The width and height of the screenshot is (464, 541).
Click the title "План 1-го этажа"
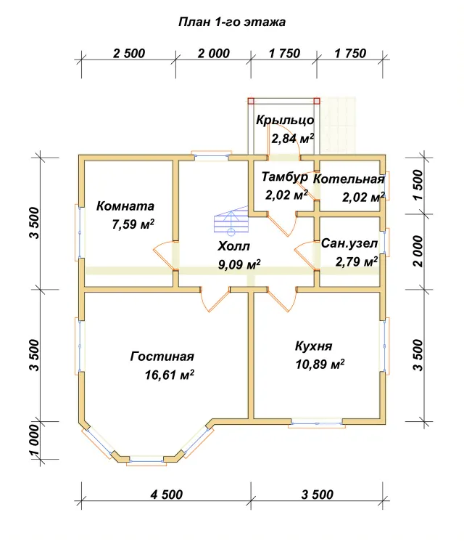click(x=232, y=22)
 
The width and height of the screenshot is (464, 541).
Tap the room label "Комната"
click(x=125, y=206)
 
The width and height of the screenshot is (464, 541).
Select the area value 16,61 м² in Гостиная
click(x=169, y=375)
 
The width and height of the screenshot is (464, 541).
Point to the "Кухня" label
click(x=313, y=346)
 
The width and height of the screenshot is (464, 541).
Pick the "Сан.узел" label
click(x=349, y=243)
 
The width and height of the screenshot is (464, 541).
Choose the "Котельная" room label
click(x=349, y=179)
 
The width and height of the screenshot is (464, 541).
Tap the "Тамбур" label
click(x=284, y=176)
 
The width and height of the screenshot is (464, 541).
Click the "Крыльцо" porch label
click(x=285, y=120)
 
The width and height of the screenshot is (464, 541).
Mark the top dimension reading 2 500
click(x=129, y=54)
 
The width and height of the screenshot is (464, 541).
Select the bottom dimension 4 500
click(x=166, y=495)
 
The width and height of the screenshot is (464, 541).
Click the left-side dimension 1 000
click(x=35, y=440)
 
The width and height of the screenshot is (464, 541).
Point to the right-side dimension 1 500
click(x=418, y=185)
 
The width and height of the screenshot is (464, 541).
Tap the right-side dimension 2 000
click(x=418, y=251)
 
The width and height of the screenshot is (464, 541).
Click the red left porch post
click(x=251, y=101)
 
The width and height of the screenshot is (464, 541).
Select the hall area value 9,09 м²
click(x=239, y=264)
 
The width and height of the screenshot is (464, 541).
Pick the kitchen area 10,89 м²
click(x=320, y=364)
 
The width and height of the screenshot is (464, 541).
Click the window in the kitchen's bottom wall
click(x=317, y=423)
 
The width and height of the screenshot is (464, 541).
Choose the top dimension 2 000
click(x=214, y=54)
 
